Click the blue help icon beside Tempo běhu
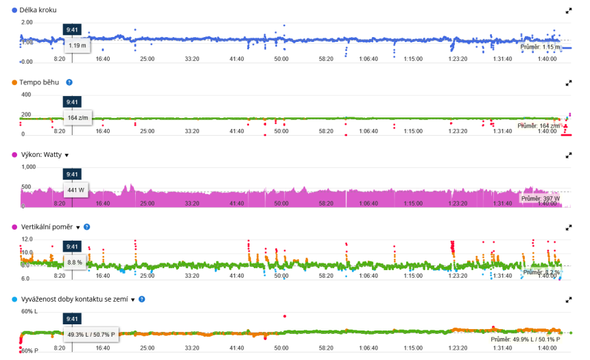tap(69, 82)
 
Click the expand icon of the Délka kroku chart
tap(568, 11)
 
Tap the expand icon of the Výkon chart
tap(568, 155)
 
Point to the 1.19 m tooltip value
tap(78, 45)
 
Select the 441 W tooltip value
tap(75, 190)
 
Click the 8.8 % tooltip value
tap(75, 262)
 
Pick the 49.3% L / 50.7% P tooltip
tap(92, 335)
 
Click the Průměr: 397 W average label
tap(540, 199)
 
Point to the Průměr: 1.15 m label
tap(541, 47)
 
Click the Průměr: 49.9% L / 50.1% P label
tap(525, 339)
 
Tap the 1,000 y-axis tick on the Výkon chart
tap(28, 167)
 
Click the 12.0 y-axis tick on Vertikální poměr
tap(27, 239)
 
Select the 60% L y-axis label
tap(29, 311)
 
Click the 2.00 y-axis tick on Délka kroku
tap(27, 23)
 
